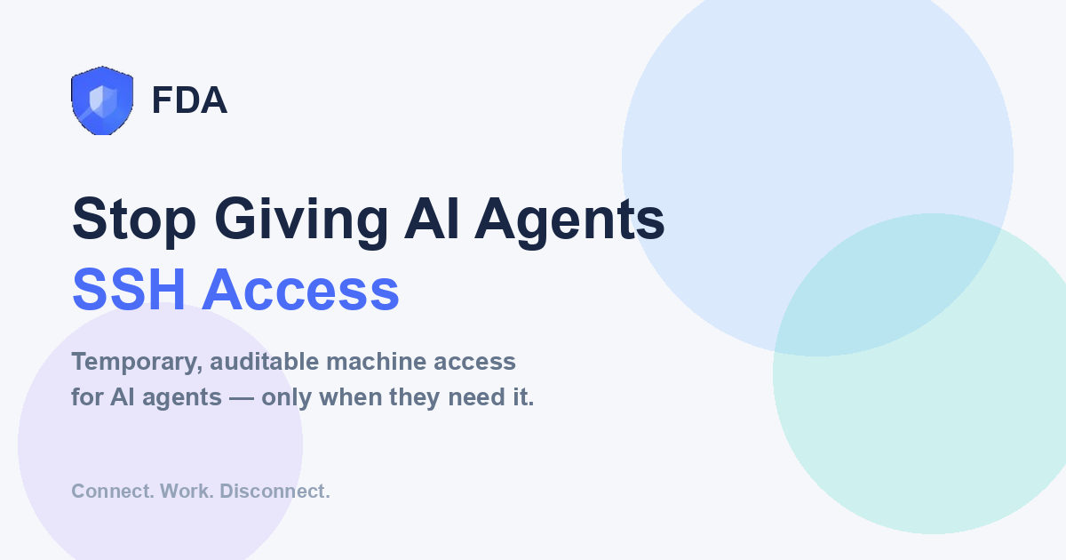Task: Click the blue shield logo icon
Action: tap(102, 100)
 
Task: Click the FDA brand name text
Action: tap(189, 100)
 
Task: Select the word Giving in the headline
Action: tap(301, 221)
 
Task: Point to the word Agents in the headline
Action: tap(569, 221)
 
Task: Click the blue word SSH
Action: tap(129, 290)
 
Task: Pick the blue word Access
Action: tap(301, 290)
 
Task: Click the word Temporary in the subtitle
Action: tap(137, 363)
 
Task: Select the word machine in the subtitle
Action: tap(376, 362)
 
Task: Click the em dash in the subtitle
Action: tap(242, 397)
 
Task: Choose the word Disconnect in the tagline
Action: tap(274, 491)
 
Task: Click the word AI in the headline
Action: tap(432, 219)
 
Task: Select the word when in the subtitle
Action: tap(351, 397)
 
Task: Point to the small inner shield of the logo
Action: tap(103, 100)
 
